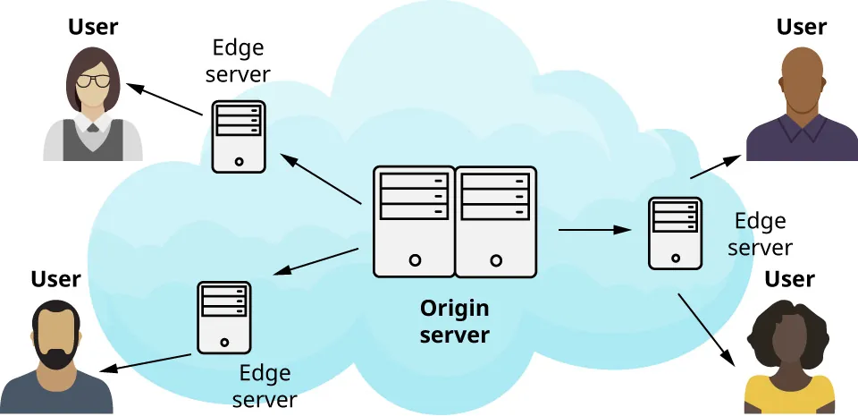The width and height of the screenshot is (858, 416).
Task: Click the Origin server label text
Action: tap(455, 322)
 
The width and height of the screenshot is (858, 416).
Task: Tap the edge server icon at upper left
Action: tap(239, 136)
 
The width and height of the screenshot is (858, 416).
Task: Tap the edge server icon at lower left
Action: tap(223, 317)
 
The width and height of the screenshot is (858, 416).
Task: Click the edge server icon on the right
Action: tap(674, 233)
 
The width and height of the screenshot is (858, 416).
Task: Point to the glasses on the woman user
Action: tap(92, 81)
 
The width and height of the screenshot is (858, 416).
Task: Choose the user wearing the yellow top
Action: tap(789, 367)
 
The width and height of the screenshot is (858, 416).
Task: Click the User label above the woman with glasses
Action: tap(93, 27)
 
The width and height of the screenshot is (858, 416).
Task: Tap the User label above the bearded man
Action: tap(55, 279)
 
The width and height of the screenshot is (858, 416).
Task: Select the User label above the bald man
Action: tap(801, 26)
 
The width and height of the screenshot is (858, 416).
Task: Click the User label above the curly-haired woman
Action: tap(789, 279)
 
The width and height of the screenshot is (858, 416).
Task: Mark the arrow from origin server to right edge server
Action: tap(594, 230)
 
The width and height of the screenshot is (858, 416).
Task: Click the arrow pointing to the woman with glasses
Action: tap(164, 99)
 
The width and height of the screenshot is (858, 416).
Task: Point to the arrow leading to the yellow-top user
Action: tap(706, 329)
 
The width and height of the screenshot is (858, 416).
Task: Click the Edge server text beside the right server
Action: tap(760, 233)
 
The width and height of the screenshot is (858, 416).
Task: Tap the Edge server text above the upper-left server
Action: tap(238, 60)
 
